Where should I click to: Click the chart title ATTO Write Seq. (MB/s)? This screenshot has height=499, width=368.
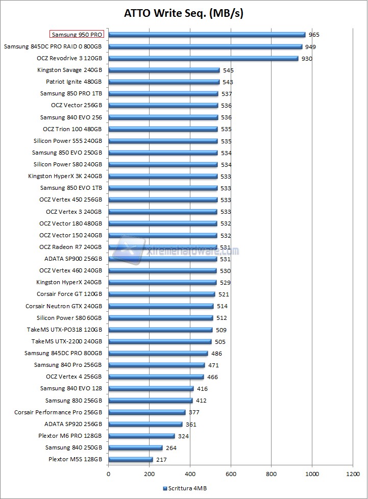(184, 13)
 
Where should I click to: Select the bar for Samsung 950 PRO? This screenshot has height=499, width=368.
(207, 35)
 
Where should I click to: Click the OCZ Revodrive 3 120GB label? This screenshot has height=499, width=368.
(69, 58)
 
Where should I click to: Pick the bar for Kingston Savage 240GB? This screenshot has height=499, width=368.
(164, 70)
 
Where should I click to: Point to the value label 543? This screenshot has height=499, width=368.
(228, 82)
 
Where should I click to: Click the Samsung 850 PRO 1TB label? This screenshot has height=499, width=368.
(71, 93)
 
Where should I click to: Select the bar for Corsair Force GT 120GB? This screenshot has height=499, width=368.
(161, 294)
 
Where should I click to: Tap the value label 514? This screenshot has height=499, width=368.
(222, 306)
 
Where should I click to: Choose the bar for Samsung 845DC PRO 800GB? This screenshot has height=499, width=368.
(158, 354)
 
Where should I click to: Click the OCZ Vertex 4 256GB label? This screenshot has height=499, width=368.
(73, 377)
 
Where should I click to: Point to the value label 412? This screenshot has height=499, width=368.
(201, 401)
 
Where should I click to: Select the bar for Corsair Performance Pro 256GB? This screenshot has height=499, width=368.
(146, 412)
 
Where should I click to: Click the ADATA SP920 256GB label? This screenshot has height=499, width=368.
(73, 423)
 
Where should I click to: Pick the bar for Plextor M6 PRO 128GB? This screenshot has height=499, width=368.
(141, 436)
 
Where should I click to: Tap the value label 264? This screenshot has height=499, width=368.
(171, 448)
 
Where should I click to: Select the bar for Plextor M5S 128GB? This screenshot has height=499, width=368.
(130, 460)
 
